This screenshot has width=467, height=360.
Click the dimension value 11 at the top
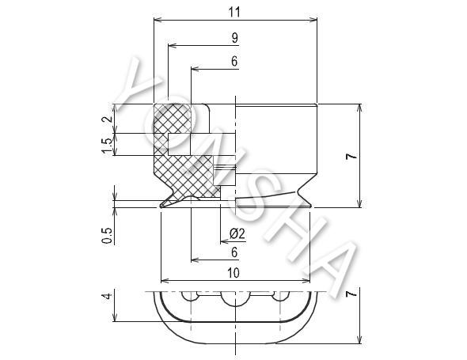[x=234, y=12]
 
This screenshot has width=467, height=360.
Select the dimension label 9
[x=235, y=38]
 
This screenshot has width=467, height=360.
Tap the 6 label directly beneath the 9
[x=234, y=62]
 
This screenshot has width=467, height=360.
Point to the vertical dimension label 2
[x=108, y=119]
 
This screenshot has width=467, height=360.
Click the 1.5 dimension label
[x=107, y=144]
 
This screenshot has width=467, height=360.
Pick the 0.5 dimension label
[x=107, y=235]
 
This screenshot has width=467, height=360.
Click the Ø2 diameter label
[x=237, y=233]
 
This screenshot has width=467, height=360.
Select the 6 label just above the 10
[x=234, y=252]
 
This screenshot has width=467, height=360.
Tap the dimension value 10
[x=233, y=273]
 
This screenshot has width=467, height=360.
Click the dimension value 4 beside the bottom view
[x=108, y=296]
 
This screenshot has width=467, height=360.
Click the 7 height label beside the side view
[x=351, y=156]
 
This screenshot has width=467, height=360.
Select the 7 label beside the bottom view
[x=351, y=294]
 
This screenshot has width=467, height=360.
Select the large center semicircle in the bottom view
[x=235, y=305]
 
